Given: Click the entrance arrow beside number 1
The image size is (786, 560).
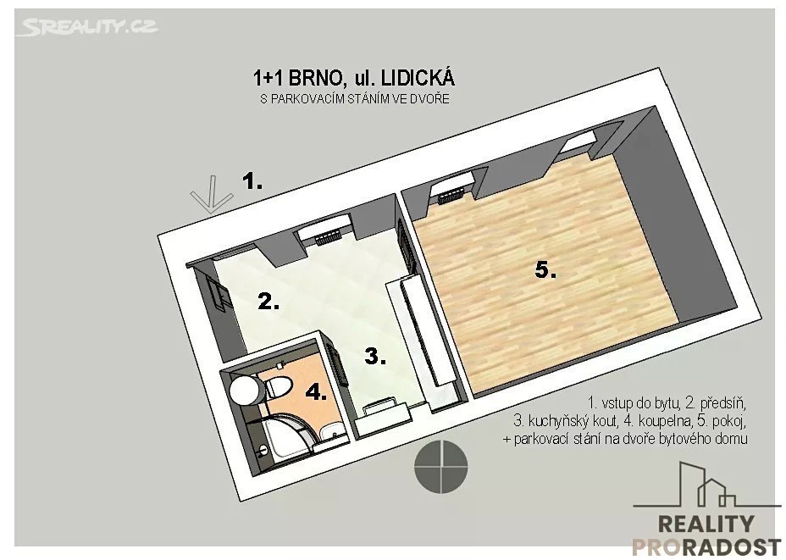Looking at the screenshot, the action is pyautogui.click(x=212, y=195).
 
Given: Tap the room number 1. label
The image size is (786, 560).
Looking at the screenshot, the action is pyautogui.click(x=252, y=180).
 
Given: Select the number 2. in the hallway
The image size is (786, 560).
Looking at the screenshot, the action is pyautogui.click(x=268, y=302).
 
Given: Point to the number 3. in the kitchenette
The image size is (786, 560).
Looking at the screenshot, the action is pyautogui.click(x=375, y=357).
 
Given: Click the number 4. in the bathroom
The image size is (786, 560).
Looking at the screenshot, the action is pyautogui.click(x=316, y=391).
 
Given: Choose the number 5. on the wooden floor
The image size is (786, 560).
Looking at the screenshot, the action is pyautogui.click(x=545, y=271).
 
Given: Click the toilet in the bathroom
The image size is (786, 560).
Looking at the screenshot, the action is pyautogui.click(x=277, y=387).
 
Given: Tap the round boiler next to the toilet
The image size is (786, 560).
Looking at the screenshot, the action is pyautogui.click(x=245, y=390).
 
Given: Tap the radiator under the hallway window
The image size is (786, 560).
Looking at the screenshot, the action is pyautogui.click(x=328, y=236).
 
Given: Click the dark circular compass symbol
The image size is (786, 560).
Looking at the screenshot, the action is pyautogui.click(x=441, y=466).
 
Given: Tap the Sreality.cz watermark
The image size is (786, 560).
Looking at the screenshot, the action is pyautogui.click(x=86, y=26).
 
